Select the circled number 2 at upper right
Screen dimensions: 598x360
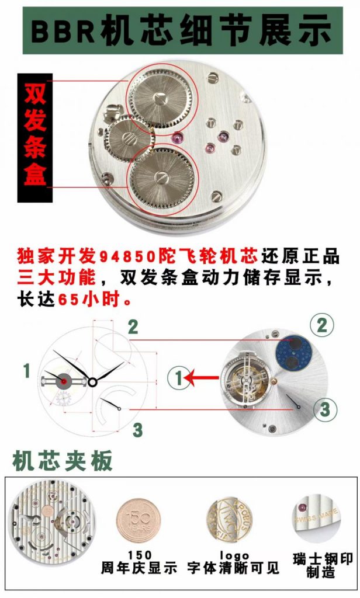tap(322, 325)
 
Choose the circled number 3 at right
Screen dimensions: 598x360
tap(325, 409)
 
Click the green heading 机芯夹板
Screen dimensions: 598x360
tap(63, 461)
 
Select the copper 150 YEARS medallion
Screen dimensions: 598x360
tap(137, 518)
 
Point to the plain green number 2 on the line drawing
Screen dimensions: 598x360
tap(133, 328)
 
